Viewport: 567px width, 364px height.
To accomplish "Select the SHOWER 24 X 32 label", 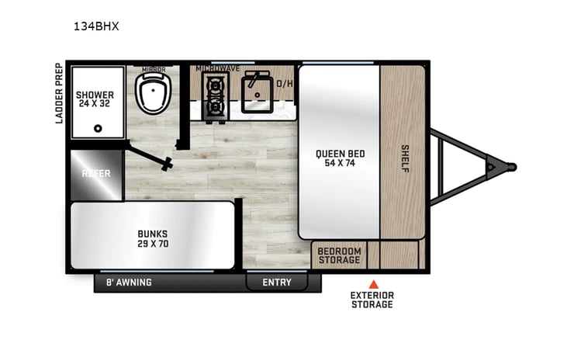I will pos(95,100).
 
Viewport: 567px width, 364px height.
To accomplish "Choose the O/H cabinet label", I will pos(285,83).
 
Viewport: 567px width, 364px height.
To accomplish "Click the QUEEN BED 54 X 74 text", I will pos(340,158).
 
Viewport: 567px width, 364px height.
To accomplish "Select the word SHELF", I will pos(404,158).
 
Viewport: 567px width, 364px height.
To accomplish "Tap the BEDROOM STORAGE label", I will pos(340,255).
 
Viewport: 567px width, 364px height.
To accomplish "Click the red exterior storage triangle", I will pos(373,283).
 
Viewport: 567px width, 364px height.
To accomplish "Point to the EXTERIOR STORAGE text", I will pos(372,300).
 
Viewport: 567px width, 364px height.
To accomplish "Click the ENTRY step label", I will pos(276,282).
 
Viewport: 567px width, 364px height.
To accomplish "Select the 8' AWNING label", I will pos(129,282).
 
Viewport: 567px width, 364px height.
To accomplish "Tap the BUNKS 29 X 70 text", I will pos(153,237).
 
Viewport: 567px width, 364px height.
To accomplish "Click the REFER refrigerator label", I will pos(96,173).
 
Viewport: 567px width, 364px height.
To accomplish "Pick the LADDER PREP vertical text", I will pos(58,94).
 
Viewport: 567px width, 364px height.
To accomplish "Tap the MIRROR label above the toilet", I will pos(153,69).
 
